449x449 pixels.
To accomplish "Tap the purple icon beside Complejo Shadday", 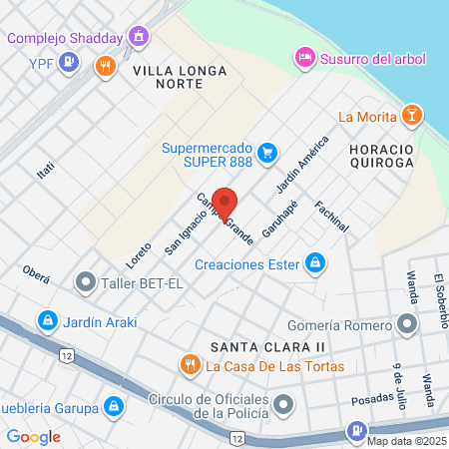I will pos(140,39).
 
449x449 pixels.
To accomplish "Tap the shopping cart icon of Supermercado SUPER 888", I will pos(266,153).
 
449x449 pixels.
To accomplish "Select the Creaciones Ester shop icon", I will pos(315,263).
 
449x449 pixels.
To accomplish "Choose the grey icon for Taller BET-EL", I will pos(87,282).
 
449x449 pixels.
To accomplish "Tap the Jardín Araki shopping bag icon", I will pos(46,321).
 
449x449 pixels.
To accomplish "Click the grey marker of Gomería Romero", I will pos(406,324).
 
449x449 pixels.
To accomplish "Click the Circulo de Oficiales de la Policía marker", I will pos(285,403).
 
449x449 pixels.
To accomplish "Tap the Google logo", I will pos(33,436).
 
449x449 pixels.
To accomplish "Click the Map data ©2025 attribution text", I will pos(406,441).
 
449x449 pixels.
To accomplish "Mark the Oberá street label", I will pos(36,275).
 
